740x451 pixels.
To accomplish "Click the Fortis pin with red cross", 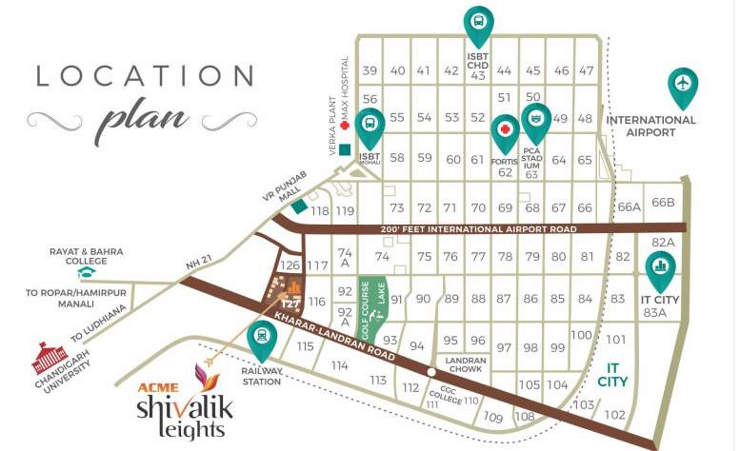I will click(505, 133).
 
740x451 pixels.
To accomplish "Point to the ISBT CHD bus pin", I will click(478, 24).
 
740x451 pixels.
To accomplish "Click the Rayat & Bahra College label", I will click(87, 257).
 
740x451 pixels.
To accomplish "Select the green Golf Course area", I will click(367, 302).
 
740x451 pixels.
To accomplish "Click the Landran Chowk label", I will click(466, 365).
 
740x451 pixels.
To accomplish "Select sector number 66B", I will click(663, 203).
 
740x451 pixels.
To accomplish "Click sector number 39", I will click(370, 70).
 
